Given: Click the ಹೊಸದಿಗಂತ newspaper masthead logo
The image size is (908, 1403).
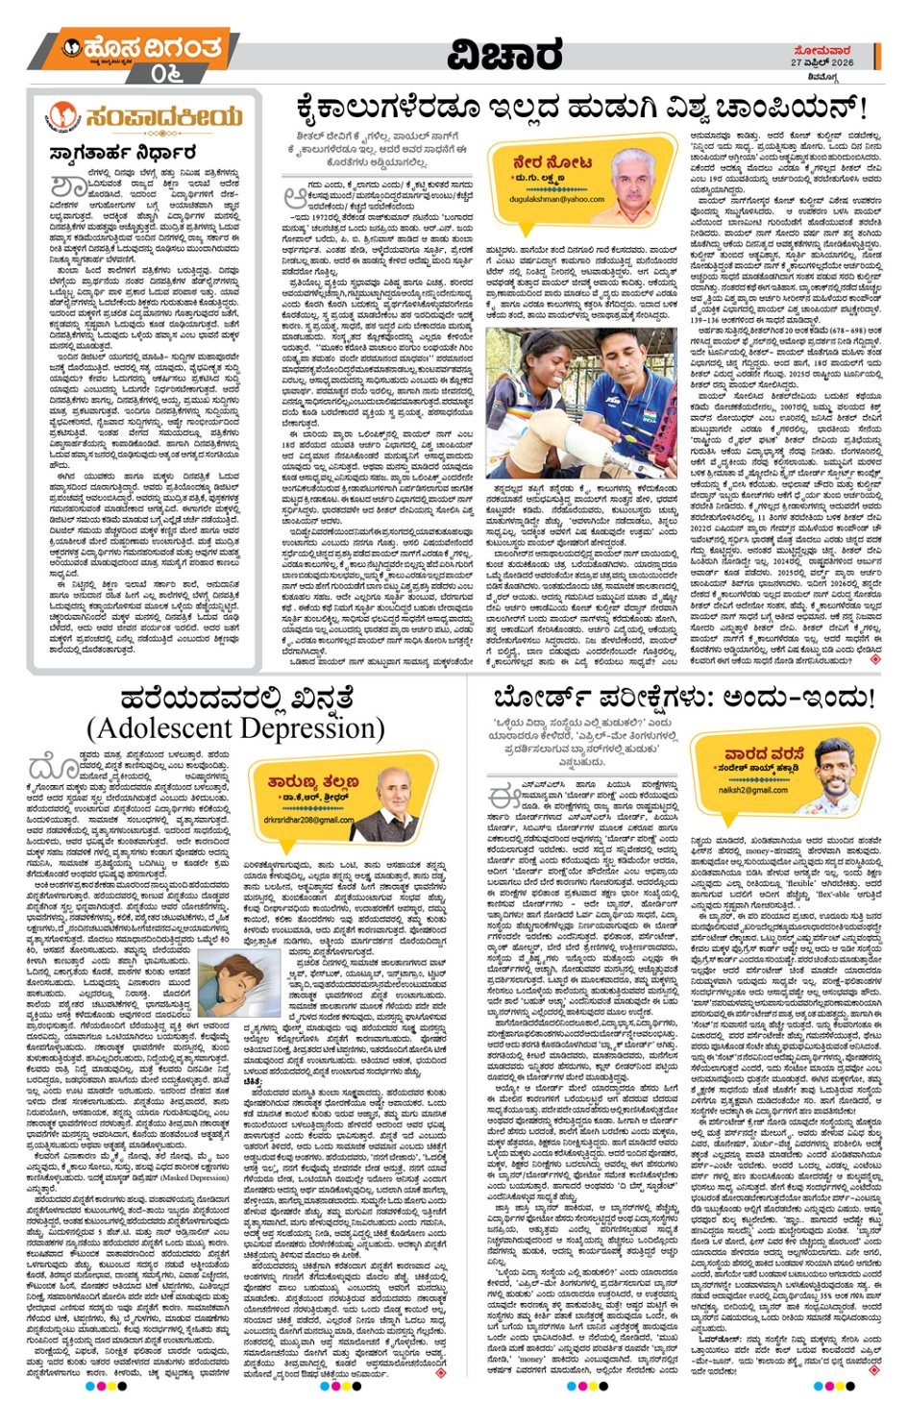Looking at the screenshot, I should coord(140,48).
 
